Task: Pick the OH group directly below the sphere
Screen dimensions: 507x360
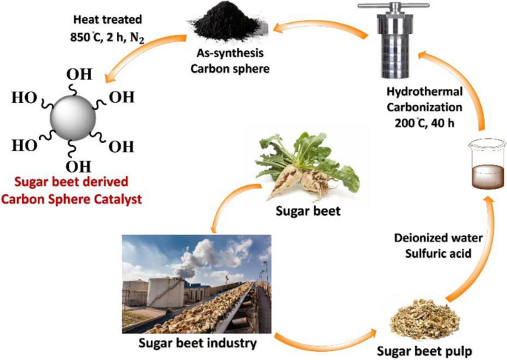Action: pos(78,165)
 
